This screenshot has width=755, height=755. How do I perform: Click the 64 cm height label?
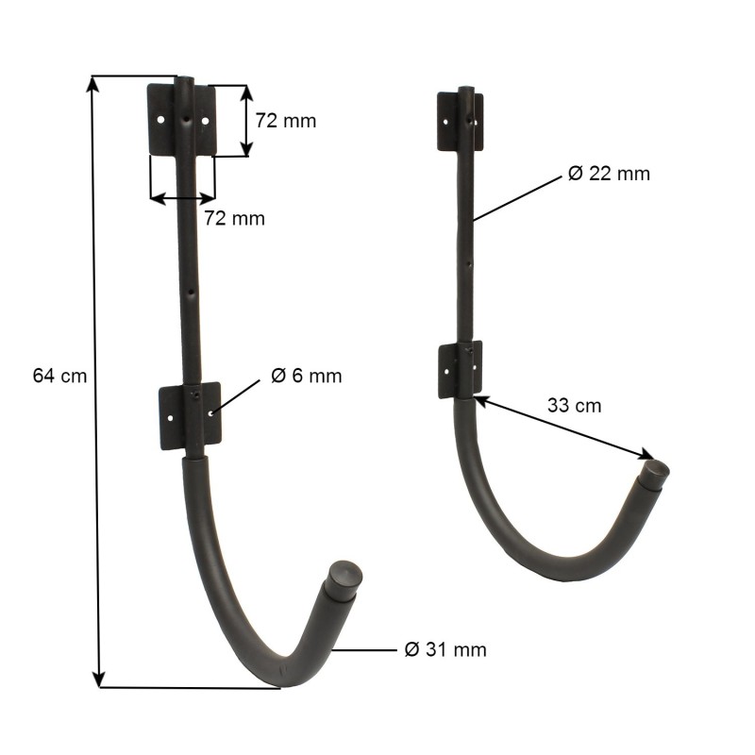point(59,376)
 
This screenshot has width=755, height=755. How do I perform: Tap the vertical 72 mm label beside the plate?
point(285,121)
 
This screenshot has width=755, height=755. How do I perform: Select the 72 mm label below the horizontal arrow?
point(234,219)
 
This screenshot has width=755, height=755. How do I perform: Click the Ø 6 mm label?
point(306,376)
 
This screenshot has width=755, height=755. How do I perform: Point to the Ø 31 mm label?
point(445,649)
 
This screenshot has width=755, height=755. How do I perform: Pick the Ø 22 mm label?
point(609,174)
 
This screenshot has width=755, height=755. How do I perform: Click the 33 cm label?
point(574,406)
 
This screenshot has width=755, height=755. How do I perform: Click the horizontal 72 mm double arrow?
point(183,198)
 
